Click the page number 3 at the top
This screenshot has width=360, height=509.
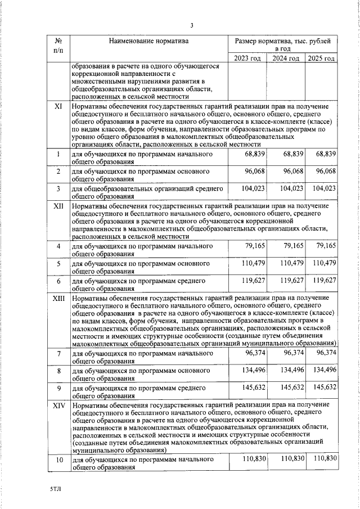pyautogui.click(x=191, y=25)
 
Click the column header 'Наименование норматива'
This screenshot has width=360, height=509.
pyautogui.click(x=149, y=41)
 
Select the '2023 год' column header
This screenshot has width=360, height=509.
pyautogui.click(x=248, y=58)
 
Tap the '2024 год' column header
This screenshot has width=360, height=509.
pyautogui.click(x=286, y=58)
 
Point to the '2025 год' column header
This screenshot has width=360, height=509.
pyautogui.click(x=322, y=58)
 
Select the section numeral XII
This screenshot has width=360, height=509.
pyautogui.click(x=58, y=207)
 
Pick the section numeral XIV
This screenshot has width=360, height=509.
pyautogui.click(x=58, y=406)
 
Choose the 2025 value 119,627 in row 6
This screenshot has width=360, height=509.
pyautogui.click(x=323, y=280)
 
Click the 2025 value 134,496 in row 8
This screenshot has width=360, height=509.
pyautogui.click(x=323, y=370)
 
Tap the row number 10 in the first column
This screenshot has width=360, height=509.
pyautogui.click(x=58, y=461)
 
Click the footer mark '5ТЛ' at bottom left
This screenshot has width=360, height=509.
pyautogui.click(x=55, y=490)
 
